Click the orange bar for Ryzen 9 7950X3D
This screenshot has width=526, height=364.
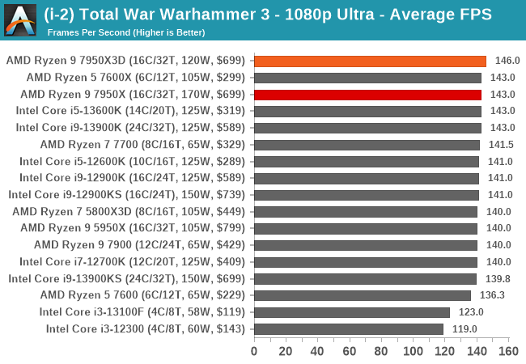(370, 61)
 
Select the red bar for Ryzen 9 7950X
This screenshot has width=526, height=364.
(367, 95)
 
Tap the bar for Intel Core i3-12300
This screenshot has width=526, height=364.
(349, 328)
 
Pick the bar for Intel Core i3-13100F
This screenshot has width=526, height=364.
(352, 311)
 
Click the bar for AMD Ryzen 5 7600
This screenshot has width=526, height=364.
(363, 295)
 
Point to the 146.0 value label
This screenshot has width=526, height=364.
(507, 61)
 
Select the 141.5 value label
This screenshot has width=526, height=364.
(499, 145)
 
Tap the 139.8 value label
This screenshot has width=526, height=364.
(497, 278)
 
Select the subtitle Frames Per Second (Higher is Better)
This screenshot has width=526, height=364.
(126, 32)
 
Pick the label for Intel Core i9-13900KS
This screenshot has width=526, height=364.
(128, 278)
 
